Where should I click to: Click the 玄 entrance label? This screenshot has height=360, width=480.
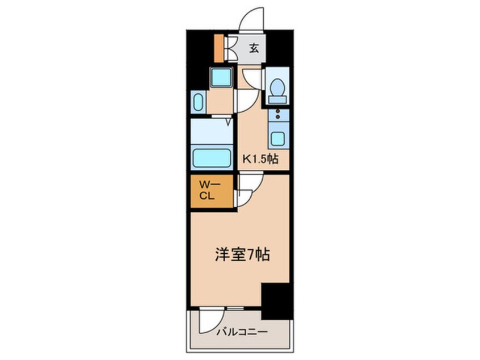[254, 49]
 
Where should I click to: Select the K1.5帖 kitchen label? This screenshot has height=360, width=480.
[260, 160]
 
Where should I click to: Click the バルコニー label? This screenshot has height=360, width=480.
[241, 332]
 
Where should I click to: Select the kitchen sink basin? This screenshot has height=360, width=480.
[277, 138]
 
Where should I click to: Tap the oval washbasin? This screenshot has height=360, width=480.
[197, 103]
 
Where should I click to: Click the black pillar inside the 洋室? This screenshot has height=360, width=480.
[276, 300]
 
